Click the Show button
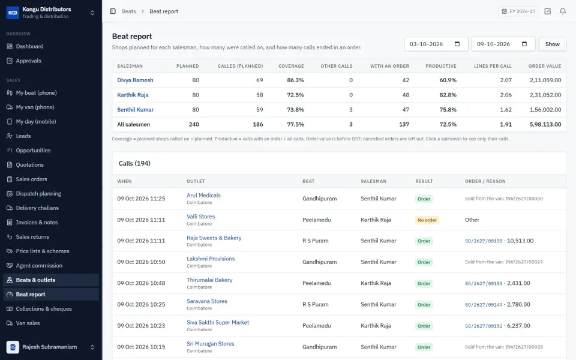coord(552,44)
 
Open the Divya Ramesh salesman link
coord(135,80)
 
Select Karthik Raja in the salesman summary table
coord(133,95)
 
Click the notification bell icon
coord(562,11)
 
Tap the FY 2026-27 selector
coord(518,11)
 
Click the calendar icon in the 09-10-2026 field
coord(524,44)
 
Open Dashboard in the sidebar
coord(29,46)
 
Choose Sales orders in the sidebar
coord(31,179)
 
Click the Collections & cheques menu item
coord(44,309)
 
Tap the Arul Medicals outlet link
coord(203,196)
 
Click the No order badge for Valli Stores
coord(427,220)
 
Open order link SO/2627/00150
coord(484,241)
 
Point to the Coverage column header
coord(291,66)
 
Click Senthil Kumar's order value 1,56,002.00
coord(545,109)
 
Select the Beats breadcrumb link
coord(128,11)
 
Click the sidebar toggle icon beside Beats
coord(113,11)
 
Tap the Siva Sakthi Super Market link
coord(218,323)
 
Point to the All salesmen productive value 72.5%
coord(448,125)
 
